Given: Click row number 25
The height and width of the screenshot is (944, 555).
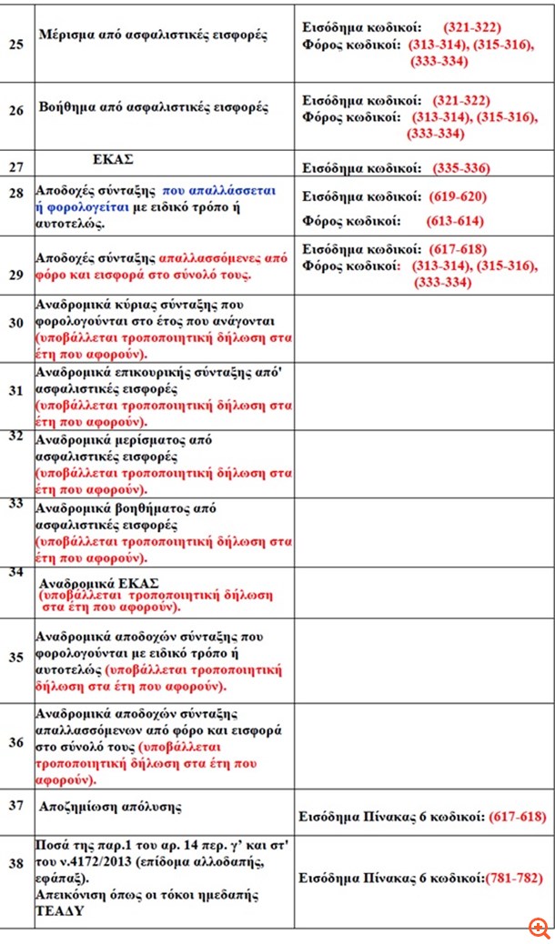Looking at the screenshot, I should tap(15, 43).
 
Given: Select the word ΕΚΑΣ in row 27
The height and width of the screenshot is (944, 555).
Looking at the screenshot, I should tap(113, 158).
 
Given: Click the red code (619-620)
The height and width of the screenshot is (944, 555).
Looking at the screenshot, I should tap(458, 196).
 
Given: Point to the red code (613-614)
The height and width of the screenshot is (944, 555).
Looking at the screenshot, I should tap(455, 221).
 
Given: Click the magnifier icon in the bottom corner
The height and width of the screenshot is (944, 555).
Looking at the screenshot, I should tap(540, 929).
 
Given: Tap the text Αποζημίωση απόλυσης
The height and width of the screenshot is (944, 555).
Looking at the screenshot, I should tap(110, 807).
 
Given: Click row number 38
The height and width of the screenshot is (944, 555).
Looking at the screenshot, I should tap(15, 863).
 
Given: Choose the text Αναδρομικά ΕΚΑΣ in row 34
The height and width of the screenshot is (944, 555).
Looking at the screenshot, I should tap(99, 583).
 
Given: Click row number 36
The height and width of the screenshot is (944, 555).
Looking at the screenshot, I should tap(15, 742).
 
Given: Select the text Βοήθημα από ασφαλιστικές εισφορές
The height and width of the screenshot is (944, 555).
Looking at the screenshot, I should tap(153, 107).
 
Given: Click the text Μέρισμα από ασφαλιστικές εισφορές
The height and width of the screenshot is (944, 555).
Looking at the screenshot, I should tap(153, 35).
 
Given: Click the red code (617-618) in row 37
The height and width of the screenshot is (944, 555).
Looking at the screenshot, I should tap(517, 817).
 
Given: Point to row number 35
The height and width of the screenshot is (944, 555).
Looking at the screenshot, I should tap(15, 657).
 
